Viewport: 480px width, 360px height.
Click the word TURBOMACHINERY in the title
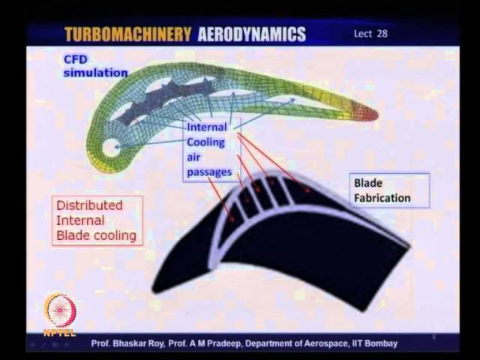tap(128, 34)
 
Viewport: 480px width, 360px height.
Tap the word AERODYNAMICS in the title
tap(252, 34)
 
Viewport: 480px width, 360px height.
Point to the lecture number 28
tap(382, 33)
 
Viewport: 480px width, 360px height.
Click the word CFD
tap(75, 59)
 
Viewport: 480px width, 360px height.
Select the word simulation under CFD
tap(96, 73)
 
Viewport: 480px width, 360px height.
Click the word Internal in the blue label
tap(207, 127)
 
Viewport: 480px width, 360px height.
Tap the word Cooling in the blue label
tap(205, 142)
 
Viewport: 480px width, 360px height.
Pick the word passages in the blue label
tap(209, 172)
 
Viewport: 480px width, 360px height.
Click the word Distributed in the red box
tap(89, 205)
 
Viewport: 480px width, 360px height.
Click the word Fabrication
tap(382, 198)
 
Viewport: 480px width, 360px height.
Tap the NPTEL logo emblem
tap(60, 310)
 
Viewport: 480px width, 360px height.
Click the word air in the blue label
tap(193, 157)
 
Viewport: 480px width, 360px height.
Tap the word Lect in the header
tap(363, 33)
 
